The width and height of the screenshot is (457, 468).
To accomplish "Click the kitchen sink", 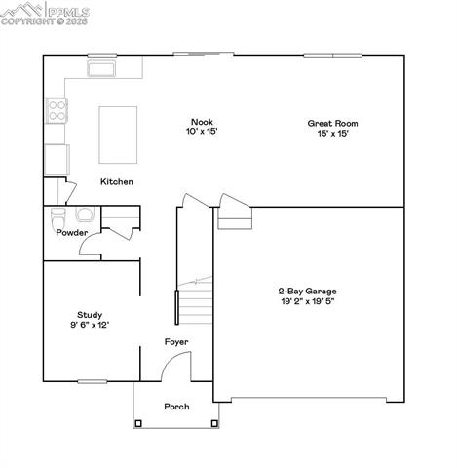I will click(x=101, y=68).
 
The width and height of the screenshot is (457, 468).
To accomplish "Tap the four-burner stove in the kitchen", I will click(x=57, y=111).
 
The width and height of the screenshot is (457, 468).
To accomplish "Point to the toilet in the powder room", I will click(x=57, y=216).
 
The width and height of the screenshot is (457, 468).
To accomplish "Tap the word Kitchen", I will click(x=117, y=182).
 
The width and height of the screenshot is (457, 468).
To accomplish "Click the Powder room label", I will click(x=72, y=233).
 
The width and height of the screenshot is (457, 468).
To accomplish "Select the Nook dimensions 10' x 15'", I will click(x=203, y=134).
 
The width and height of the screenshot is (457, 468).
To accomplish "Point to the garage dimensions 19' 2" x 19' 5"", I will click(x=307, y=302).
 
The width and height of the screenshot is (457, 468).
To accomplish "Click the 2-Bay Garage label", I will click(x=307, y=291).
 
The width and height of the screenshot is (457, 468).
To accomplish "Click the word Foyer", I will click(x=175, y=342).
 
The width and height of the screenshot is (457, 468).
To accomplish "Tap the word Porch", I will click(x=176, y=407).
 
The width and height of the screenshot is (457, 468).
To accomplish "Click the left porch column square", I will click(x=138, y=423).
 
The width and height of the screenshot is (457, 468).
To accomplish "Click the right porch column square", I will click(x=212, y=423).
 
